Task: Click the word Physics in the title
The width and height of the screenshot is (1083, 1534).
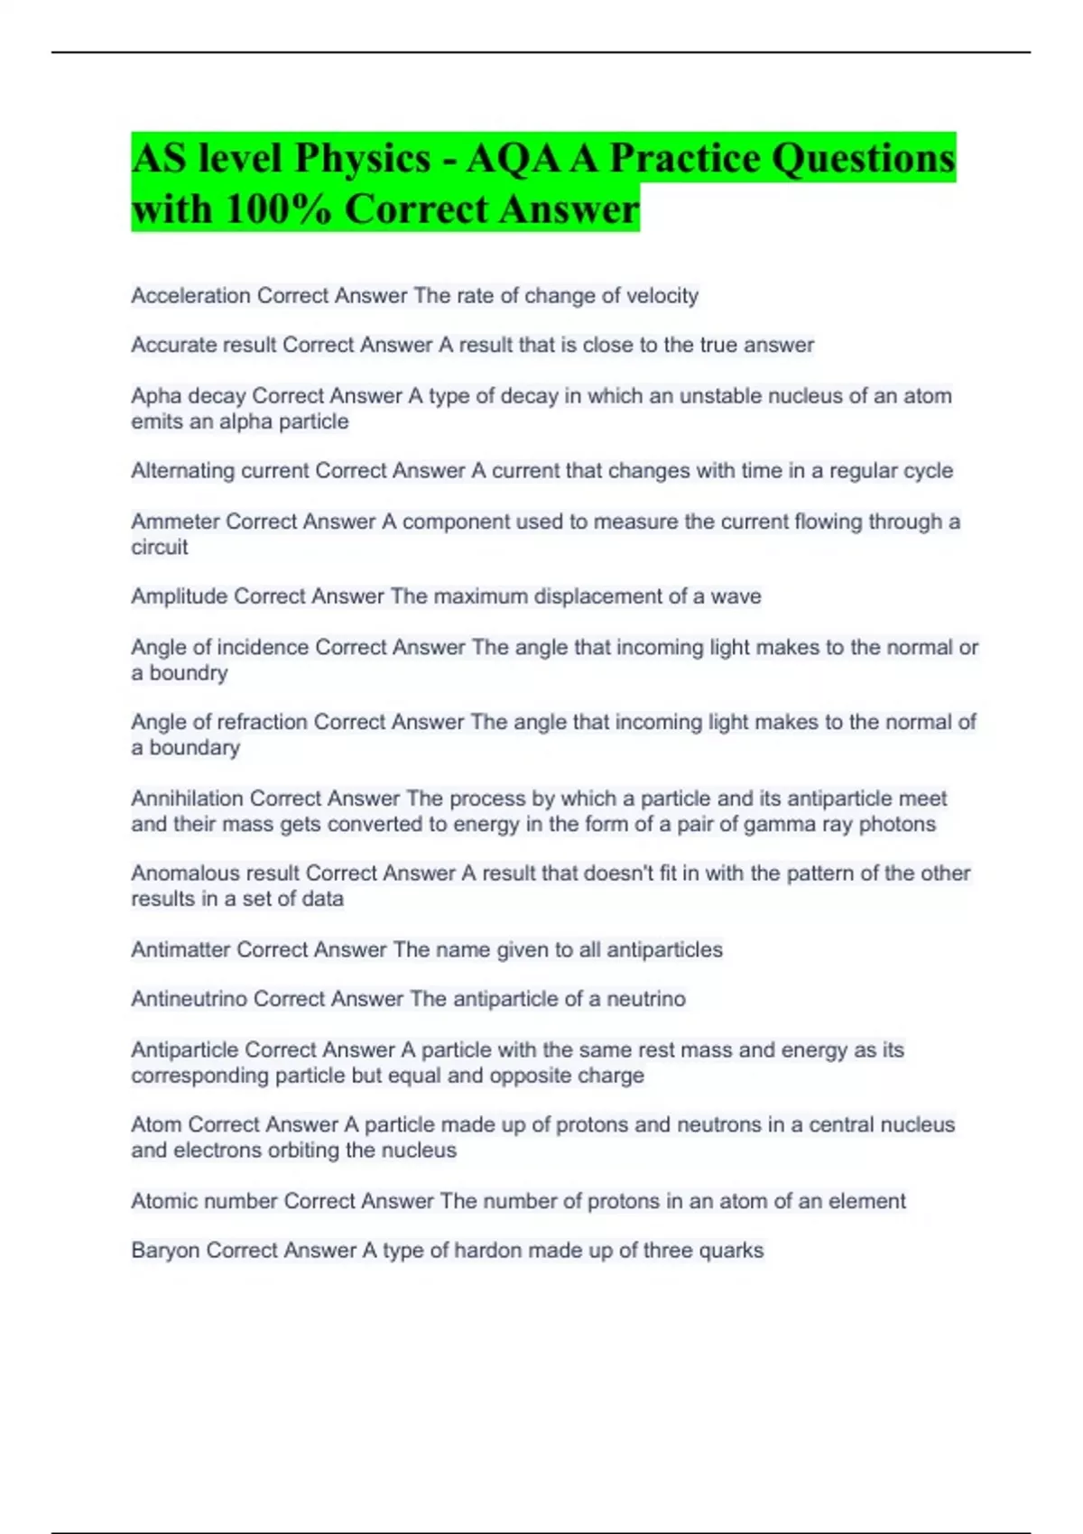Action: click(362, 159)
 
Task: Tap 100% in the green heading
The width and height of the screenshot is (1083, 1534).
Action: click(276, 209)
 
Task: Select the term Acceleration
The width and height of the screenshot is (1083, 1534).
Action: click(190, 296)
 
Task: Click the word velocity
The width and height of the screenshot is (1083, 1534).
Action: click(662, 296)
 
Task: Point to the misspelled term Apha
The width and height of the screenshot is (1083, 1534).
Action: click(156, 396)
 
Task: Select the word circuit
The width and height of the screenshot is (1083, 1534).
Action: click(160, 548)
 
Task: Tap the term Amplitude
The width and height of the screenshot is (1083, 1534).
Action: click(179, 596)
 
